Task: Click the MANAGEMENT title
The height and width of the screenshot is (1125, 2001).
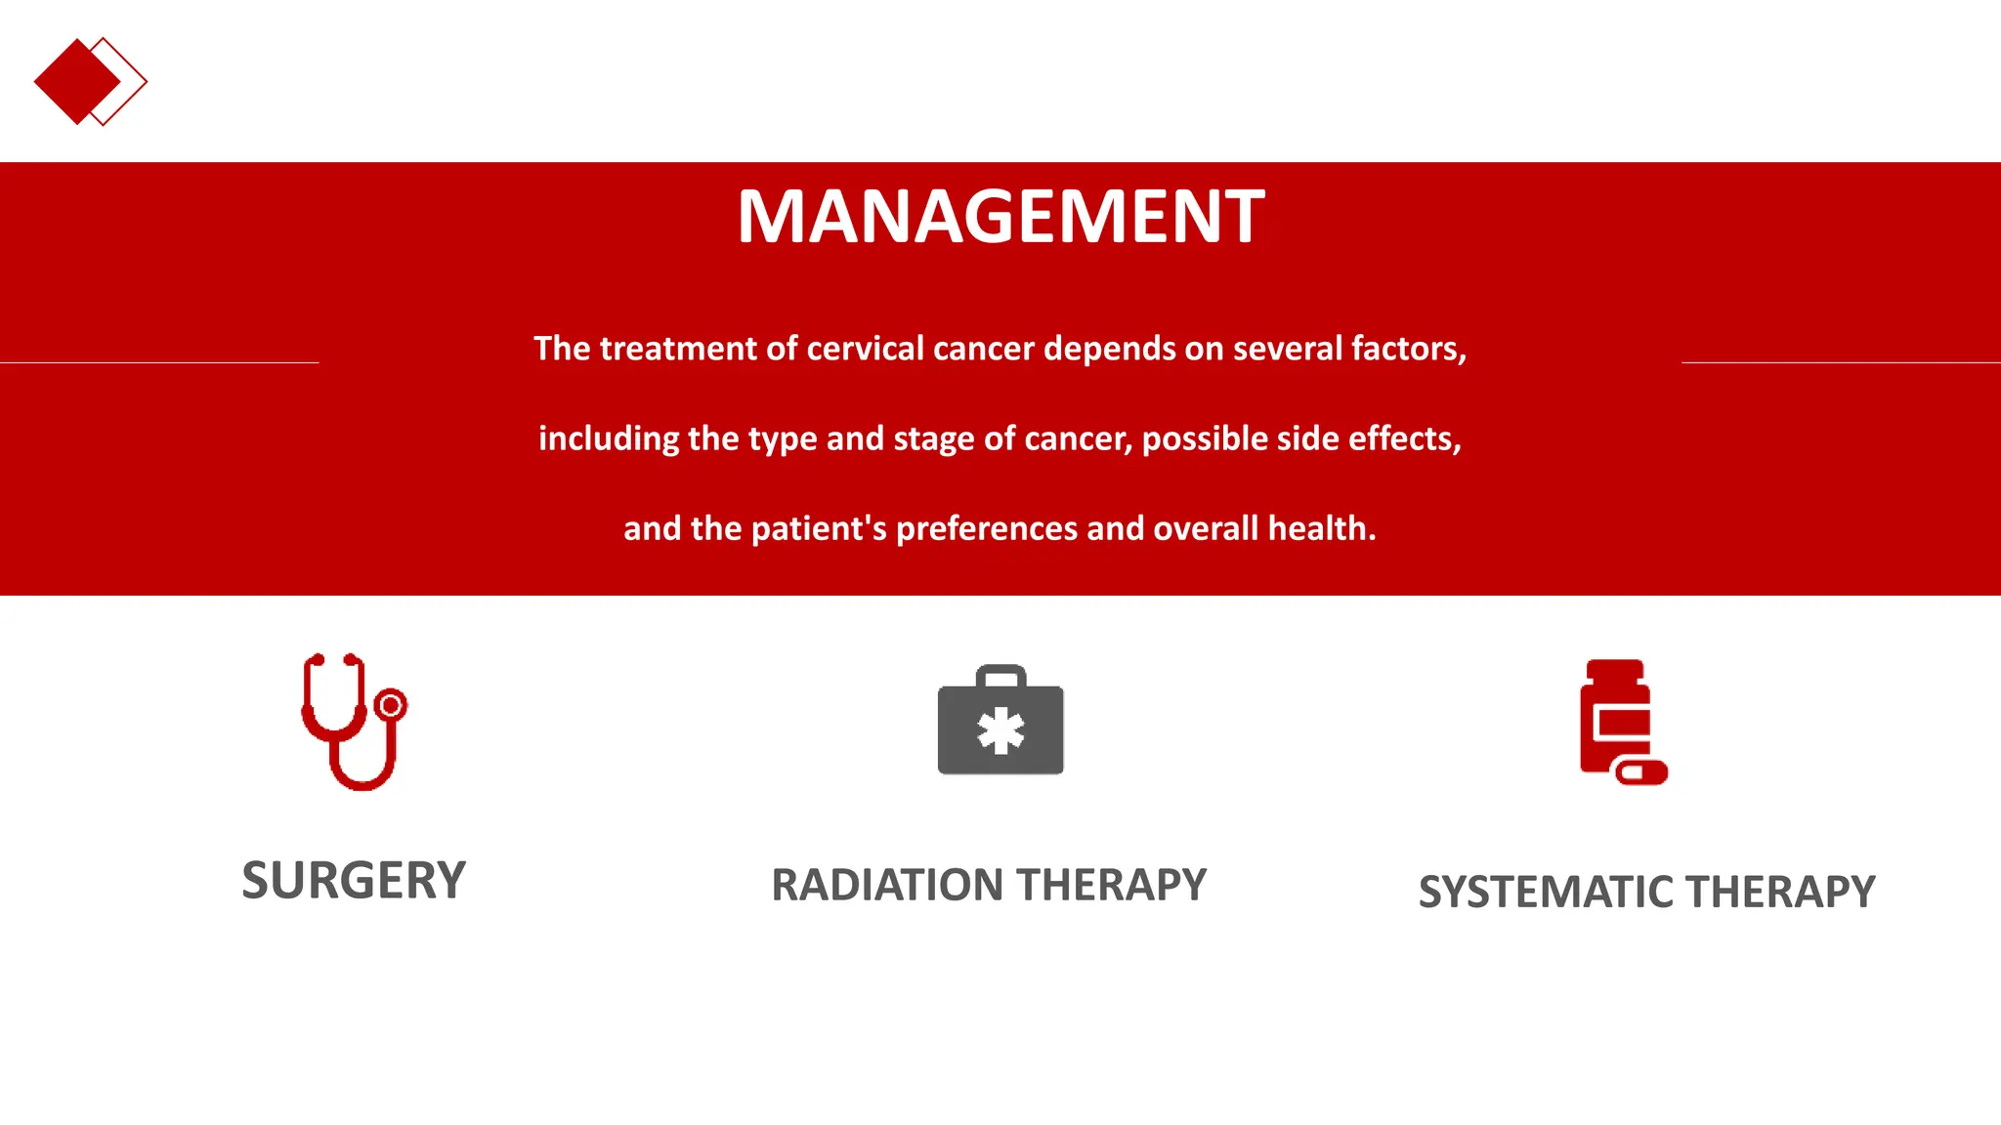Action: click(x=1000, y=216)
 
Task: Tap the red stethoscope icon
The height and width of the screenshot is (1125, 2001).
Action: click(x=353, y=722)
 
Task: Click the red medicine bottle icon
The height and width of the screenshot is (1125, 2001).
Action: click(x=1617, y=718)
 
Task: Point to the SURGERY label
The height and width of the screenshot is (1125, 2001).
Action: click(x=354, y=880)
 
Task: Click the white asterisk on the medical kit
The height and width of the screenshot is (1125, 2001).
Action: click(x=1000, y=731)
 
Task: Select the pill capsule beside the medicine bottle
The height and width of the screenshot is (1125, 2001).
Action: click(x=1641, y=772)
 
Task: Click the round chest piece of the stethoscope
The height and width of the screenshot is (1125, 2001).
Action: click(x=391, y=704)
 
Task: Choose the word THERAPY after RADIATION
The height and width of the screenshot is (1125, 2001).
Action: click(x=1111, y=885)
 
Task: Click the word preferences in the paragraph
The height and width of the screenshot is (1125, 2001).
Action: click(x=987, y=528)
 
